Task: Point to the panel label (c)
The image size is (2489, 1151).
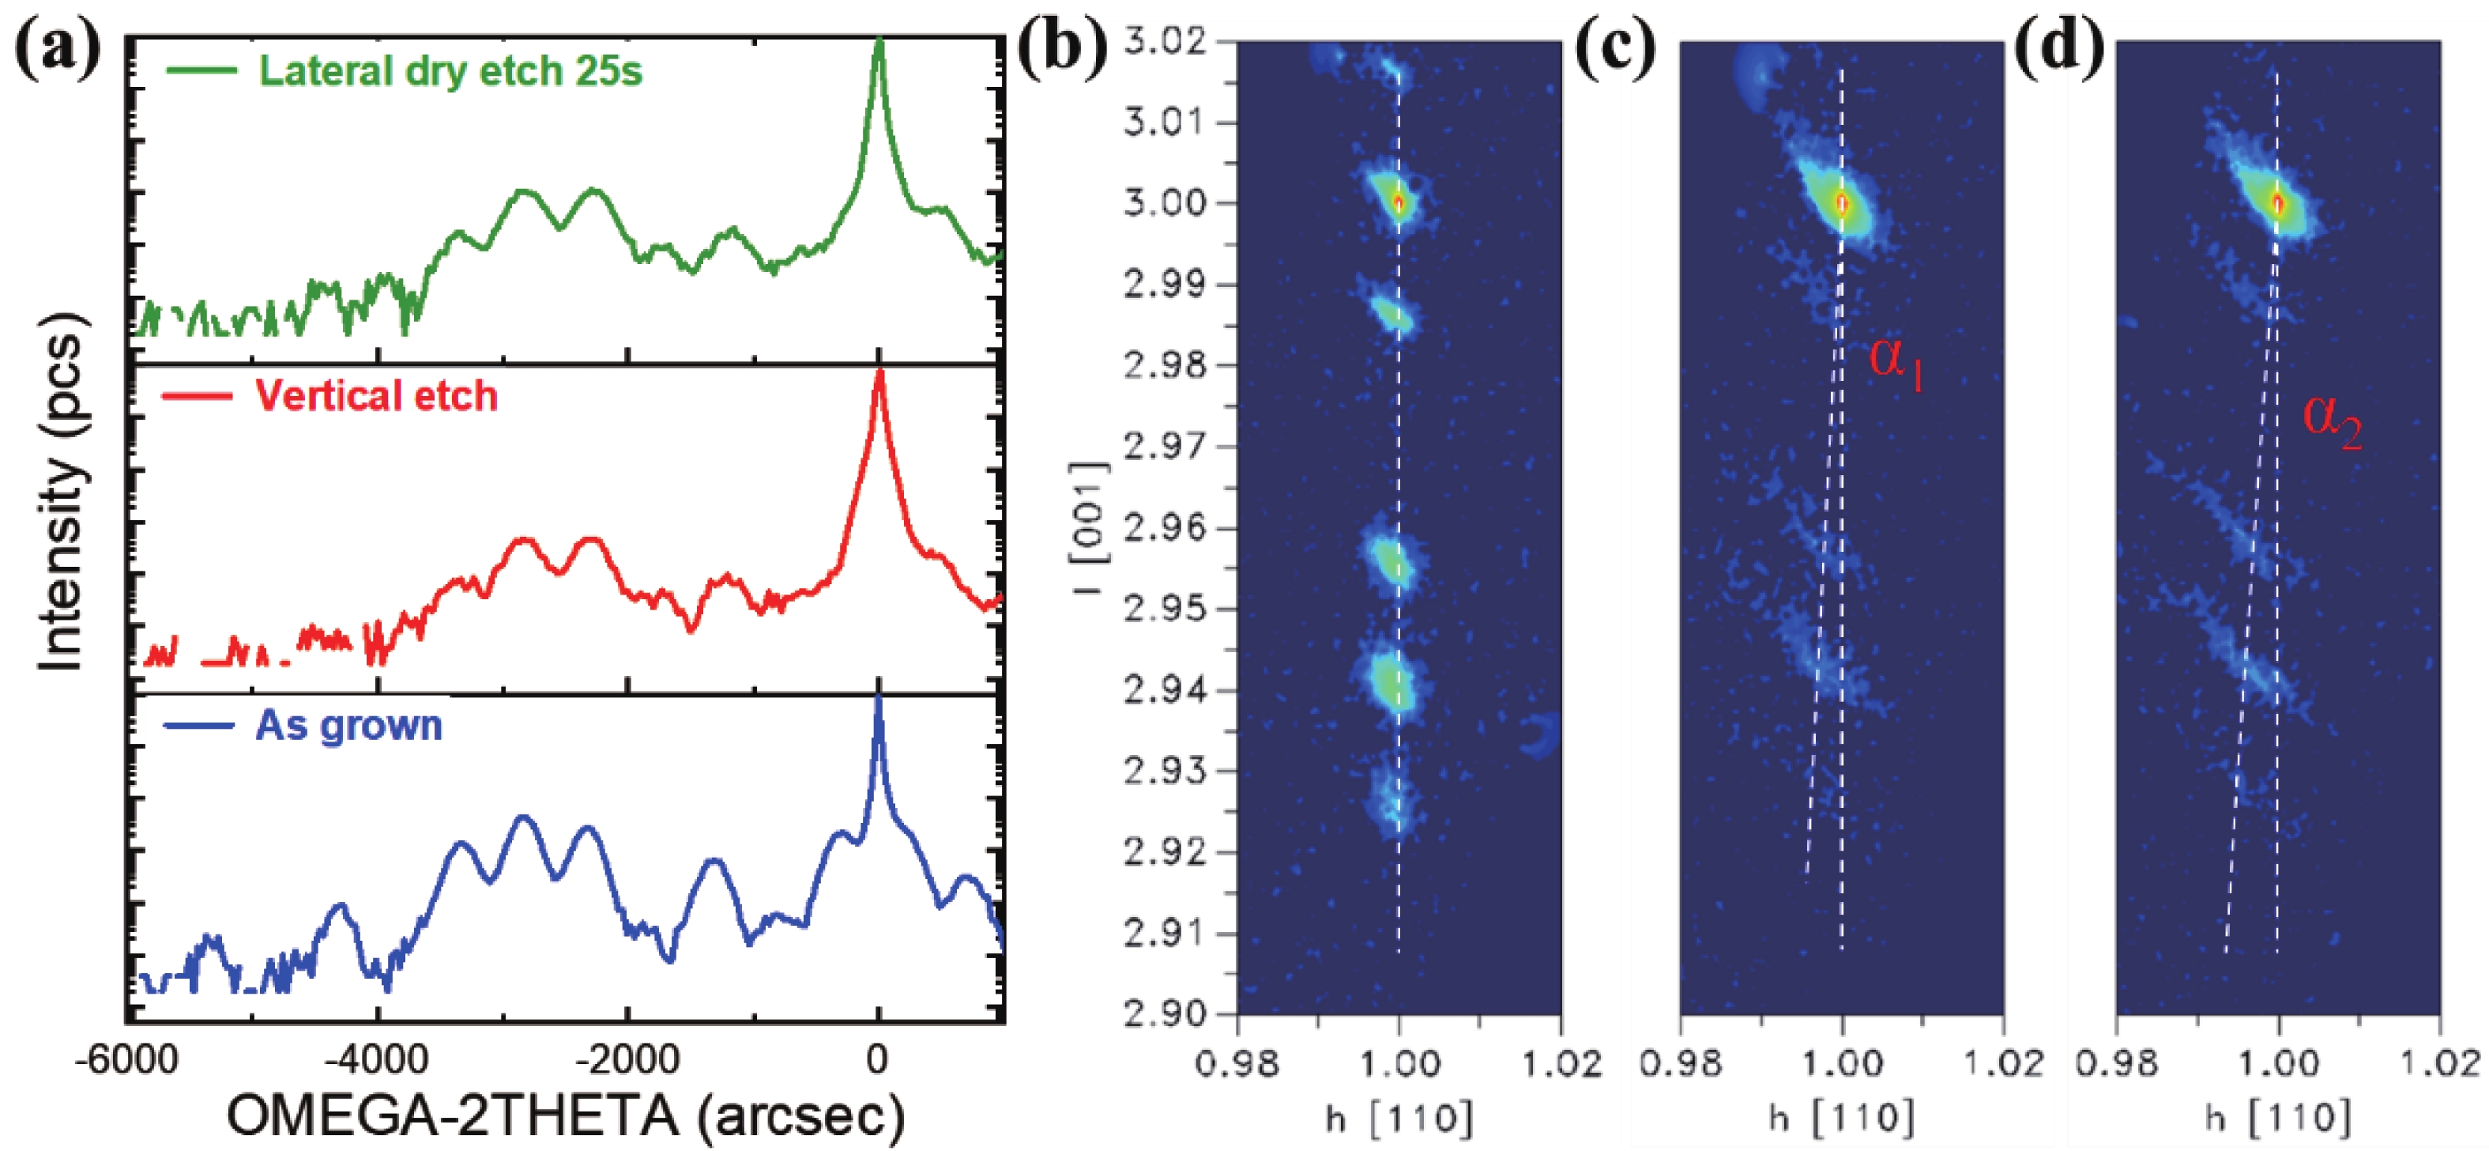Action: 1614,48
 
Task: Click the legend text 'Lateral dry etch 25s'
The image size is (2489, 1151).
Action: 450,71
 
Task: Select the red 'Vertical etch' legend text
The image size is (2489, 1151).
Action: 376,396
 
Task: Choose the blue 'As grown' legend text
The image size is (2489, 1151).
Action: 348,725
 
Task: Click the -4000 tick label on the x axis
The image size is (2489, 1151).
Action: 376,1060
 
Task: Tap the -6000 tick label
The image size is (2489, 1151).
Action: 130,1060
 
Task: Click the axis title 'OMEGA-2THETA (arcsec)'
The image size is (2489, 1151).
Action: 565,1116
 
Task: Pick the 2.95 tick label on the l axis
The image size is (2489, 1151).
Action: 1165,609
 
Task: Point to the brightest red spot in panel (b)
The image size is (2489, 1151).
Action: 1398,203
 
